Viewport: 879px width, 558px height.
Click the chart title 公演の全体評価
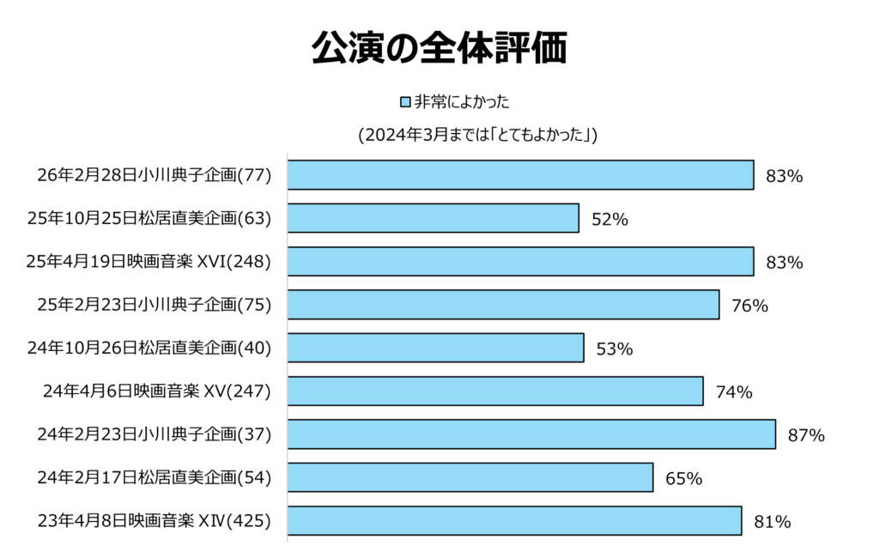pyautogui.click(x=439, y=50)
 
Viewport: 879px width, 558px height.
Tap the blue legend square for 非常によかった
pyautogui.click(x=405, y=103)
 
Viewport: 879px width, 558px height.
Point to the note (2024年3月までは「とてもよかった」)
pyautogui.click(x=477, y=136)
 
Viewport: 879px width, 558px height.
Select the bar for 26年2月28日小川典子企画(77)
pyautogui.click(x=520, y=175)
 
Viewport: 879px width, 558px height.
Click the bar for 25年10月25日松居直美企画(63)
pyautogui.click(x=433, y=218)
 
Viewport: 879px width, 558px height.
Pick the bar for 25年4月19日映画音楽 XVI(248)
pyautogui.click(x=520, y=262)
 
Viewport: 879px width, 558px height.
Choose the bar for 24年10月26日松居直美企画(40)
pyautogui.click(x=435, y=348)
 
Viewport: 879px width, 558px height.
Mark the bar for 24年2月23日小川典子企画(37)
pyautogui.click(x=531, y=434)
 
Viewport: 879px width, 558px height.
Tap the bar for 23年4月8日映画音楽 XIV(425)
pyautogui.click(x=514, y=521)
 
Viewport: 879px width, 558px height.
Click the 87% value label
pyautogui.click(x=806, y=435)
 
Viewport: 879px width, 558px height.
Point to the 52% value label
pyautogui.click(x=609, y=219)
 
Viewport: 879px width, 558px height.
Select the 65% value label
pyautogui.click(x=683, y=478)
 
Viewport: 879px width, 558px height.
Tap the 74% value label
pyautogui.click(x=734, y=392)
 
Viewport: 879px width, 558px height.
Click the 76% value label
pyautogui.click(x=749, y=306)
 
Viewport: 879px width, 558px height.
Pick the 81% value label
pyautogui.click(x=772, y=521)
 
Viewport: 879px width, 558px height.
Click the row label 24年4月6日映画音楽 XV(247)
pyautogui.click(x=157, y=391)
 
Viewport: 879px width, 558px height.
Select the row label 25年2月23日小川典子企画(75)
pyautogui.click(x=155, y=305)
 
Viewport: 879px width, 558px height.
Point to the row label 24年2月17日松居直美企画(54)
pyautogui.click(x=155, y=477)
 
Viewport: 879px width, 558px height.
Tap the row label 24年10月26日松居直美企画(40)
pyautogui.click(x=149, y=348)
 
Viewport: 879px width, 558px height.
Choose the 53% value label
pyautogui.click(x=614, y=349)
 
